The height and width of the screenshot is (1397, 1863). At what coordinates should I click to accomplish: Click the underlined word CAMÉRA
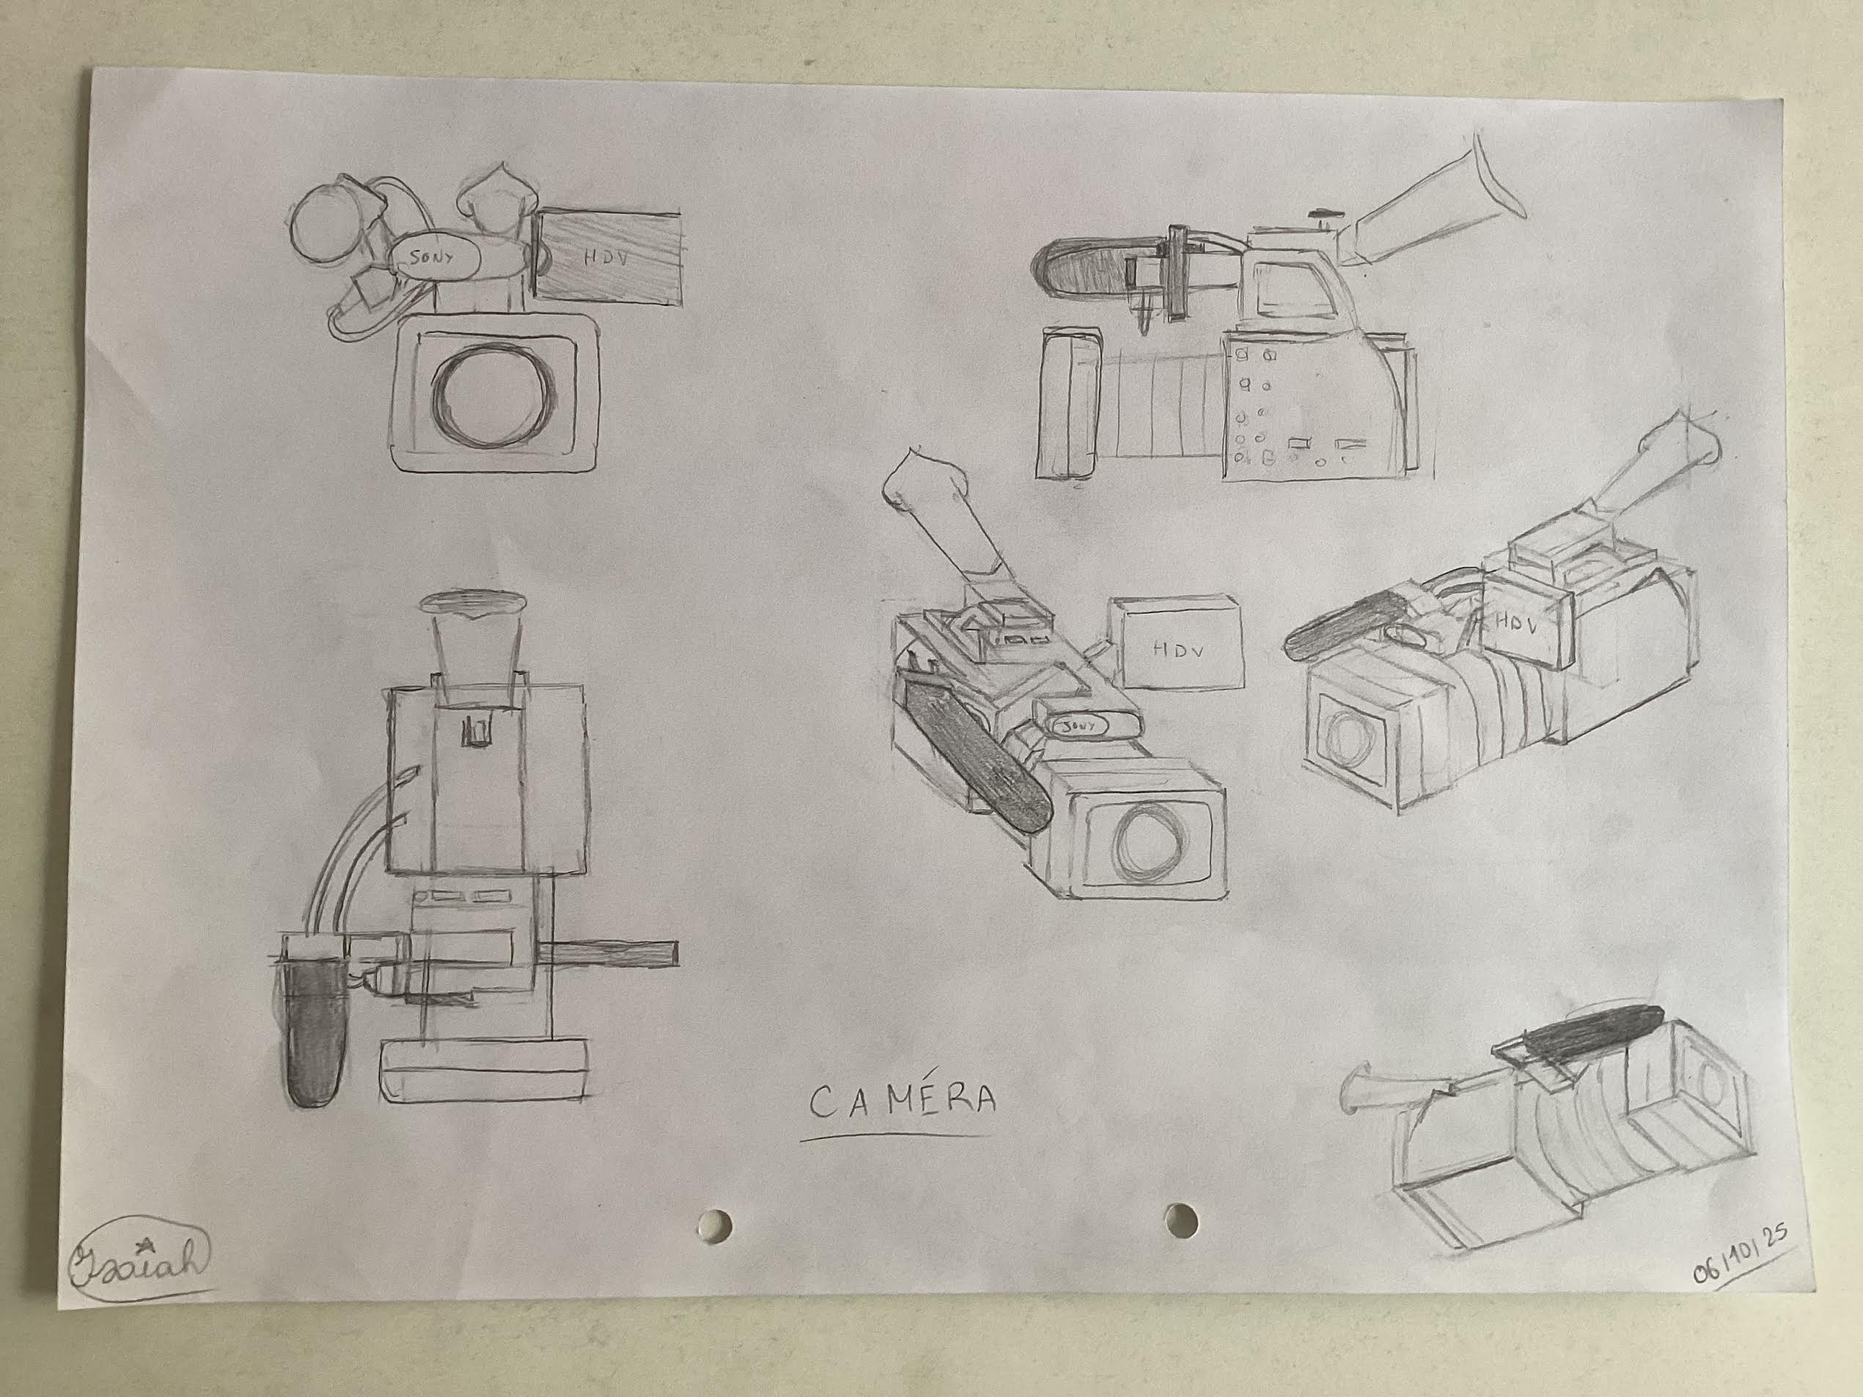(902, 1102)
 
